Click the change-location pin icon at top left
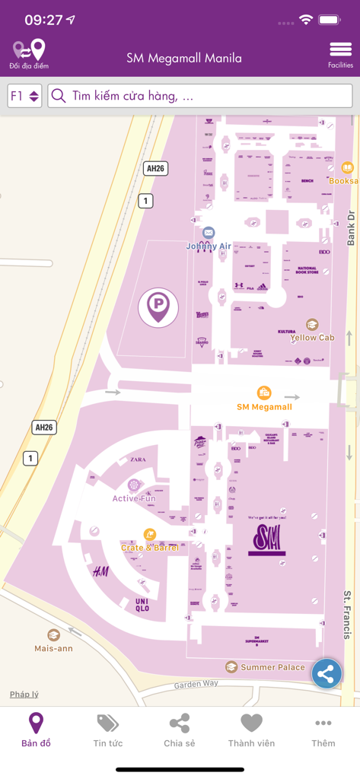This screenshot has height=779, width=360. [x=29, y=52]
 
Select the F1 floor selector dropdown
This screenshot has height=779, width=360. [x=24, y=96]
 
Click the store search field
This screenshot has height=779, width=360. [x=201, y=96]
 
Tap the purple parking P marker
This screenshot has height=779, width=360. [x=158, y=306]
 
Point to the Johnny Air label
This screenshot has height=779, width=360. [x=209, y=246]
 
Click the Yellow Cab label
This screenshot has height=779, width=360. [x=312, y=338]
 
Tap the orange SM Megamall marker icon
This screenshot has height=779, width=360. [x=264, y=393]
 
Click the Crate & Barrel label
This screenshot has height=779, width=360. [x=150, y=548]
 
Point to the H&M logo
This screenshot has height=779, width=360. [x=100, y=571]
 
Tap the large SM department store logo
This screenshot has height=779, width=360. [x=266, y=539]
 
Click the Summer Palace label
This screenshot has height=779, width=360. [x=272, y=667]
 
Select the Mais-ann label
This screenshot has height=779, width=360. [x=53, y=649]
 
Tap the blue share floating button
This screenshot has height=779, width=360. [x=327, y=673]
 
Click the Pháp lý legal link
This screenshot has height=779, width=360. [x=24, y=694]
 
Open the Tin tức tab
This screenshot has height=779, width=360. [x=107, y=730]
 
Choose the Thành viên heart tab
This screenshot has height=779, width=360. [x=251, y=730]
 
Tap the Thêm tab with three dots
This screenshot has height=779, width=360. [x=323, y=730]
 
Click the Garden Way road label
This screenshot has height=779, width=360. [x=196, y=684]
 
